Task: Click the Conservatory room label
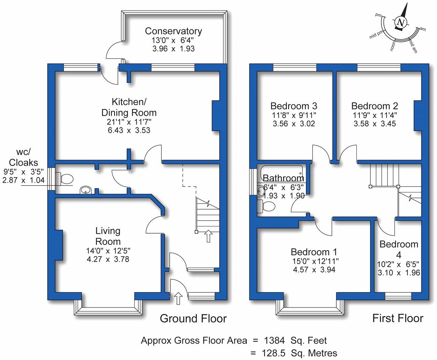pos(173,31)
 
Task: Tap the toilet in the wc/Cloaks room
pos(64,179)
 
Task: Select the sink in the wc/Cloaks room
pos(86,190)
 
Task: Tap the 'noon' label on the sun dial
pos(392,46)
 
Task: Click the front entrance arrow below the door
pos(178,299)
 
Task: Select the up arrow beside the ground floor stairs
pos(208,236)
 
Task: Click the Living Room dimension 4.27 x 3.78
pos(108,259)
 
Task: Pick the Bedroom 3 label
pos(294,106)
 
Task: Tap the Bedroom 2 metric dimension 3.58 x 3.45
pos(374,123)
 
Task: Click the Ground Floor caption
pos(193,318)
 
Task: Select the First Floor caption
pos(398,318)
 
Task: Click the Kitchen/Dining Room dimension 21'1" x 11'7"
pos(129,122)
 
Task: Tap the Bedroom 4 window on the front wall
pos(398,295)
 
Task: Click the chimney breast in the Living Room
pos(59,245)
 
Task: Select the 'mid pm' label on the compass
pos(376,35)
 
